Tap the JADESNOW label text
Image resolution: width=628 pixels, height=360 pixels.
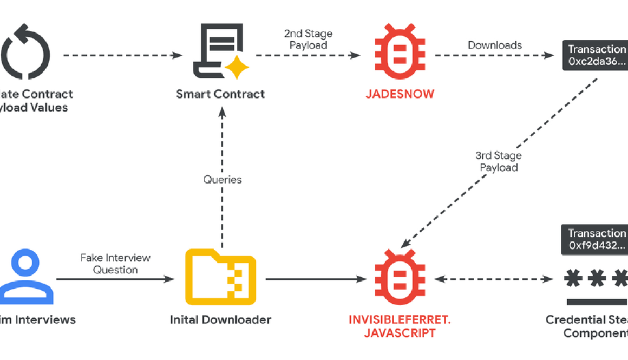point(399,94)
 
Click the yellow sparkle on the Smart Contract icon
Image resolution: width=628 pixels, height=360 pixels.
point(237,68)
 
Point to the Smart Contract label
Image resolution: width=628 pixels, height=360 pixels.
point(220,94)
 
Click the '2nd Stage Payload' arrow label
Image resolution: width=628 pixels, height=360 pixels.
point(308,40)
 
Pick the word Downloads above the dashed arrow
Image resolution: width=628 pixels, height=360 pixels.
point(495,45)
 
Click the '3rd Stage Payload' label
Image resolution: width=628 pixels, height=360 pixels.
point(499,161)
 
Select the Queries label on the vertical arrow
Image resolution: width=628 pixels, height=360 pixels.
point(222,179)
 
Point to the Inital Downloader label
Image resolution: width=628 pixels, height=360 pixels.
point(220,320)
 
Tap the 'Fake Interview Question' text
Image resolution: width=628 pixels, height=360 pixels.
point(115,264)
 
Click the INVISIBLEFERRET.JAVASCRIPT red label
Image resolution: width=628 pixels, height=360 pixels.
point(400,326)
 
